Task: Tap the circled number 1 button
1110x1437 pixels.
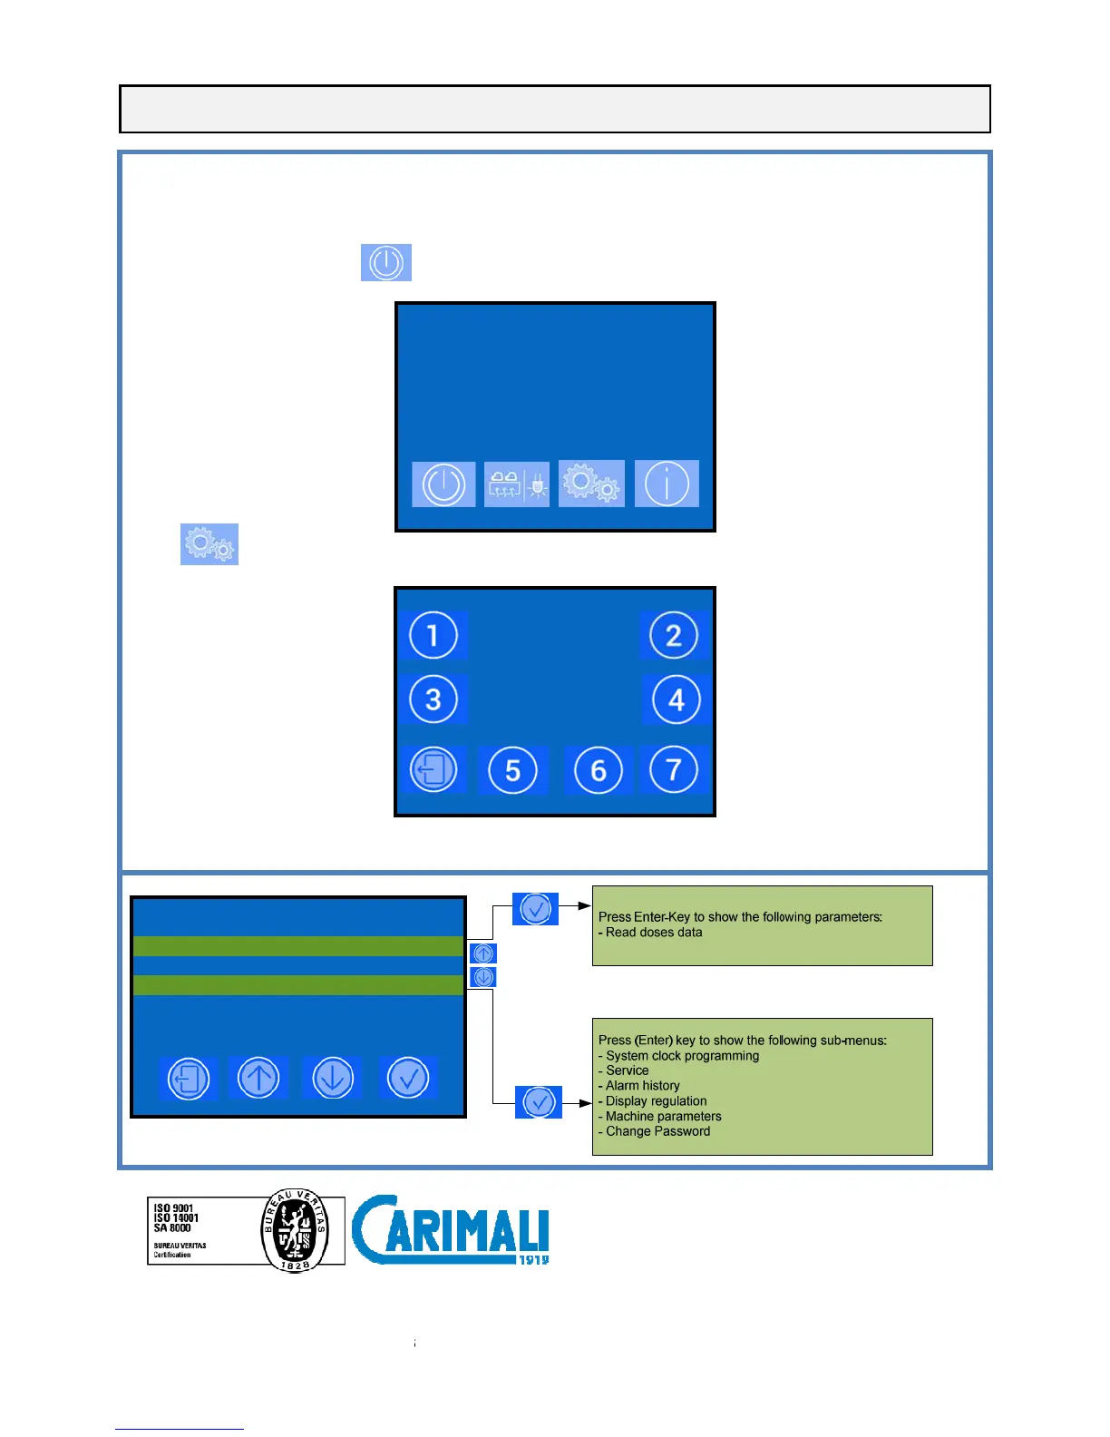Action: click(433, 635)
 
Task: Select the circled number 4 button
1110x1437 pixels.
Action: click(676, 699)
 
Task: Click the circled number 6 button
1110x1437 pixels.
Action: click(598, 770)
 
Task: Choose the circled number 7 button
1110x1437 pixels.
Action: click(674, 769)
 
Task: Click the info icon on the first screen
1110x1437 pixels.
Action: click(667, 484)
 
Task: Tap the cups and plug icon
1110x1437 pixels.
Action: click(516, 484)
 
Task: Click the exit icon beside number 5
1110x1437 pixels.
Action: click(433, 770)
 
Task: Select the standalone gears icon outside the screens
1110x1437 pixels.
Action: click(209, 544)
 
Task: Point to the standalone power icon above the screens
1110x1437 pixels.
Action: click(386, 262)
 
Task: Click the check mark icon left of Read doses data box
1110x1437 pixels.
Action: click(535, 908)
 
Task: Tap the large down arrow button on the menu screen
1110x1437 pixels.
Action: click(333, 1079)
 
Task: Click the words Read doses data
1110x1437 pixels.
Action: click(654, 933)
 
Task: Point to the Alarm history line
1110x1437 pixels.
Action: click(642, 1086)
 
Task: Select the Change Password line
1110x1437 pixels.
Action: click(657, 1131)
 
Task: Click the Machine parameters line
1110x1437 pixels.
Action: click(663, 1117)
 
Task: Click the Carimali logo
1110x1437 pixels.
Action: click(450, 1229)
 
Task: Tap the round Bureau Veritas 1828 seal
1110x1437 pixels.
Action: click(295, 1231)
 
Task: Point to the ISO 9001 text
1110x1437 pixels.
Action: click(174, 1208)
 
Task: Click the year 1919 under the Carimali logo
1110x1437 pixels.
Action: click(533, 1259)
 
